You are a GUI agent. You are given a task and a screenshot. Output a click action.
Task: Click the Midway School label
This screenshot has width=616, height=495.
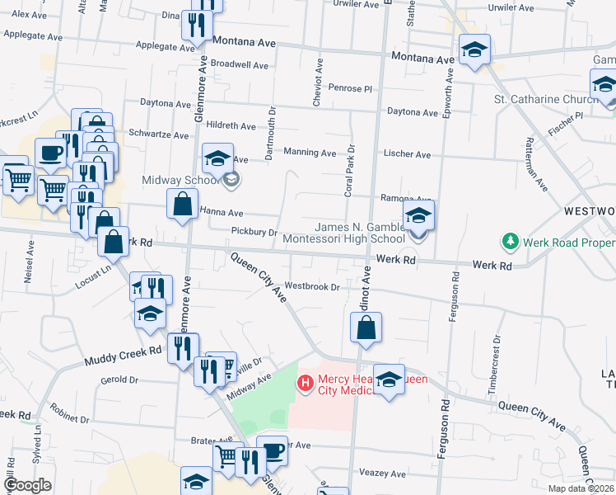coord(179,180)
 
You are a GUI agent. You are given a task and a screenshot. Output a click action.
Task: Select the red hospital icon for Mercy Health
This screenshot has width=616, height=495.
coord(306,383)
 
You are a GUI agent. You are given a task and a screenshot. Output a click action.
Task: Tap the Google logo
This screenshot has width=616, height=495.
coord(27,485)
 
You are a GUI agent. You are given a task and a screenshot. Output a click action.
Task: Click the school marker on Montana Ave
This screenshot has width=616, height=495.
coord(474,50)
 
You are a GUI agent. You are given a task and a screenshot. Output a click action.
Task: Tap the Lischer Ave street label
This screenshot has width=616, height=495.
coord(407,154)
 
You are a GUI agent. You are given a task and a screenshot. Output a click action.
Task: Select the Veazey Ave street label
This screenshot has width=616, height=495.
coord(383,474)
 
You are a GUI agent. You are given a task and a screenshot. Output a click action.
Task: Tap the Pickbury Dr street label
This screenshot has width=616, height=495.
coord(254,233)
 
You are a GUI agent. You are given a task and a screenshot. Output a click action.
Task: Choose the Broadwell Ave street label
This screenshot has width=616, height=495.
coord(240,64)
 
